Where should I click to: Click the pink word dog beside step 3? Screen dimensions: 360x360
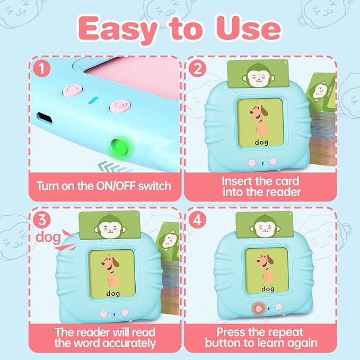click(x=47, y=237)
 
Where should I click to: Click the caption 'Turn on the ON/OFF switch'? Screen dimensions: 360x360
click(x=103, y=186)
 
